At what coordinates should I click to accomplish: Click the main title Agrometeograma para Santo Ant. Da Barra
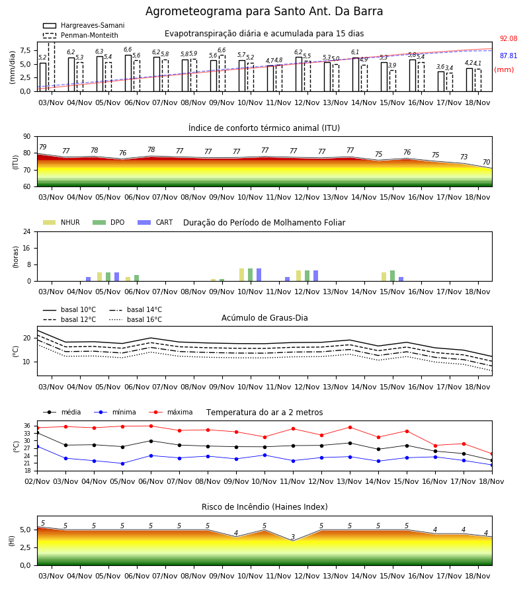tap(264, 11)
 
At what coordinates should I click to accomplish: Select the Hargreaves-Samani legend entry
tap(84, 25)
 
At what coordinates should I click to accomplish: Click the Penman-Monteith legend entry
tap(81, 35)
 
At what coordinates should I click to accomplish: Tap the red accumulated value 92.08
tap(509, 39)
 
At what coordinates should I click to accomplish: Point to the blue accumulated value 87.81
tap(509, 56)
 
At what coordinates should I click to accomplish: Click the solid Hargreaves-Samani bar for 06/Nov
tap(128, 73)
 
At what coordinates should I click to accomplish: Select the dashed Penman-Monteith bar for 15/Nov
tap(393, 81)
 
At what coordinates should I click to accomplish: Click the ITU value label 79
tap(43, 147)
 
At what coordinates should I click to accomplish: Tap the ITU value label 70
tap(486, 162)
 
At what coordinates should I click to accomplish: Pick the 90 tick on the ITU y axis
tap(27, 137)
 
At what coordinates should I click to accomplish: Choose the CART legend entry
tap(155, 222)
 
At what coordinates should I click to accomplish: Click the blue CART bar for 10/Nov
tap(259, 275)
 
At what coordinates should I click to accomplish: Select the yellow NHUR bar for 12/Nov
tap(299, 276)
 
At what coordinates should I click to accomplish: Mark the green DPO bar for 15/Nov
tap(392, 276)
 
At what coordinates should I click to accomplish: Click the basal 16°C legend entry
tap(136, 319)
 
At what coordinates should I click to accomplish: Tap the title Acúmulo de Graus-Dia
tap(264, 317)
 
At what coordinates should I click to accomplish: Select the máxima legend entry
tap(171, 412)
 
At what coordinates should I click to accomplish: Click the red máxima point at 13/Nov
tap(350, 427)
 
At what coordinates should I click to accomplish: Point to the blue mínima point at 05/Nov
tap(122, 463)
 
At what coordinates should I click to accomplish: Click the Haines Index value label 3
tap(293, 537)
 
